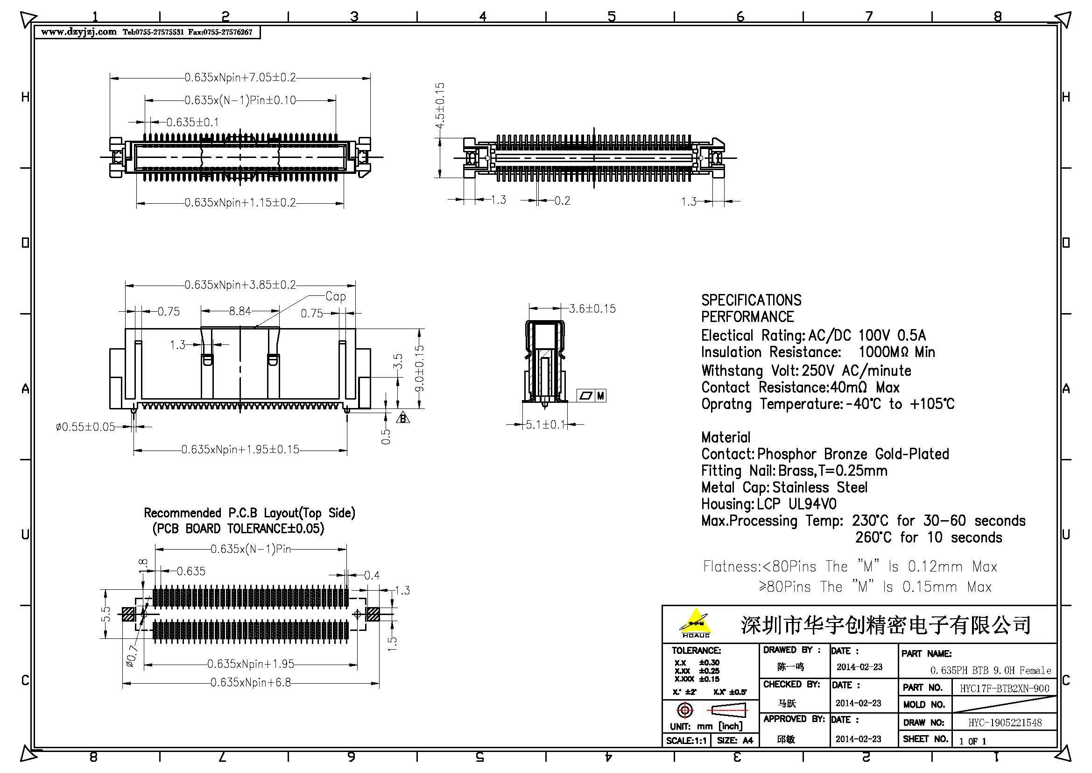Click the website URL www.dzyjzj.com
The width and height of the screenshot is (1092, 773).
[78, 32]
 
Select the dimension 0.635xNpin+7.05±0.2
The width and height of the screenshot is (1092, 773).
[240, 77]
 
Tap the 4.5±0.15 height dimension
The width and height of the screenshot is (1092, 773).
[440, 106]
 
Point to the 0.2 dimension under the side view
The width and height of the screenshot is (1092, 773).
[562, 200]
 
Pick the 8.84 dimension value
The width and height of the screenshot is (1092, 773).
[240, 311]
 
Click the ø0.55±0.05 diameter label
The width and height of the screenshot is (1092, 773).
[85, 427]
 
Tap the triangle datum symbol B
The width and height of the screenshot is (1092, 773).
[403, 418]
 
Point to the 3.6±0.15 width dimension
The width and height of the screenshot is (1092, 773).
[592, 308]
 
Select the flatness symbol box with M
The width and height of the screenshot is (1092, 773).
[591, 395]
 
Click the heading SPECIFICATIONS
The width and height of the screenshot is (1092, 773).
[751, 301]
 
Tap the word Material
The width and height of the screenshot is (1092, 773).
[726, 437]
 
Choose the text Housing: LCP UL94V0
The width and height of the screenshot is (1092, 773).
[768, 504]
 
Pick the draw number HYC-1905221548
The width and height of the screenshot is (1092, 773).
[1005, 723]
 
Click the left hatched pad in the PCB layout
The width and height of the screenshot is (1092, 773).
[128, 614]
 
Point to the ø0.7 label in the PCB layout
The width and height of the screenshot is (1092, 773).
[131, 656]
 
